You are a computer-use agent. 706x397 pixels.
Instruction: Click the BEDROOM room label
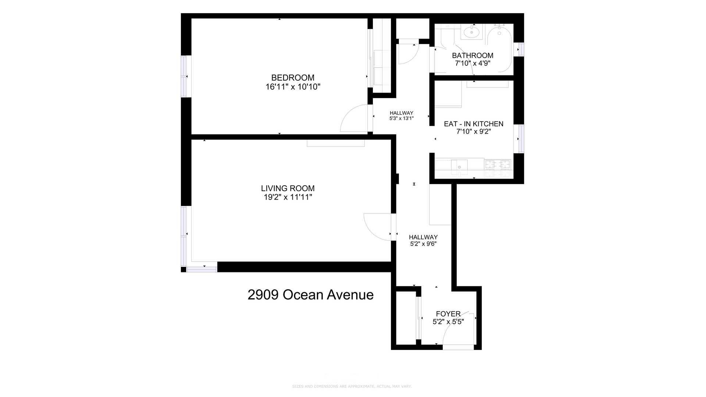click(293, 78)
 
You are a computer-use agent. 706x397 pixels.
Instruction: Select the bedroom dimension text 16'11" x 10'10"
click(293, 87)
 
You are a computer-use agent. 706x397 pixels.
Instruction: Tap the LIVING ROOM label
click(288, 188)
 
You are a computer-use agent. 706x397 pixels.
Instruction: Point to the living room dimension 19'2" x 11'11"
click(288, 197)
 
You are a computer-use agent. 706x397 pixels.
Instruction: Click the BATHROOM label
click(473, 56)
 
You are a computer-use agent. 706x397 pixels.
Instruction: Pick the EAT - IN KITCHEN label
click(474, 124)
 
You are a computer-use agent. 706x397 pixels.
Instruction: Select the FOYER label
click(448, 314)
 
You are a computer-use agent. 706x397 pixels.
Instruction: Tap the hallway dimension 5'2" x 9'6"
click(423, 244)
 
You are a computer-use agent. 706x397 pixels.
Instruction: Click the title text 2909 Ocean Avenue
click(310, 295)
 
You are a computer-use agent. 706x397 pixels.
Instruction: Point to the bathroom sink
click(471, 33)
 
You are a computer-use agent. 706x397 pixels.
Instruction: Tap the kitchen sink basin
click(459, 167)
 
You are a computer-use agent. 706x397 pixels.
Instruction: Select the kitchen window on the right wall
click(521, 139)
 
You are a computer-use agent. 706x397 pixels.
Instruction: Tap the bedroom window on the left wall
click(185, 76)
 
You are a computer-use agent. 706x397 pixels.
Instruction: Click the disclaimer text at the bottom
click(352, 386)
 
